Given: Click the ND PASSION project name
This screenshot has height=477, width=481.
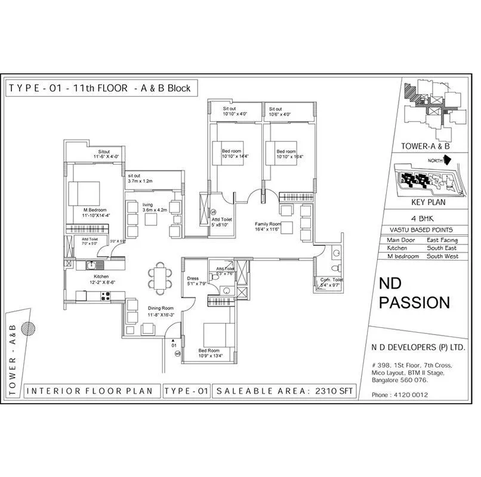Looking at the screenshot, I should pos(415,293).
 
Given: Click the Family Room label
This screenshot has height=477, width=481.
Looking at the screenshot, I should pos(268,225).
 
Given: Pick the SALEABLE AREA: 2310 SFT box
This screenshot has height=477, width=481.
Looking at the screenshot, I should pos(288,391).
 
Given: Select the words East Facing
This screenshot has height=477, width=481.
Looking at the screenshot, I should pos(442,240).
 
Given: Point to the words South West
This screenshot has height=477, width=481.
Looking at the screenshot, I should pos(442,256).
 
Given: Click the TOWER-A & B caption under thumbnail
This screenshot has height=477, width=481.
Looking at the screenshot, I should pos(425,145).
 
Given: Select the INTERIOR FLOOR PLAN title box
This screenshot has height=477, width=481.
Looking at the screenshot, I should pos(92,391).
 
